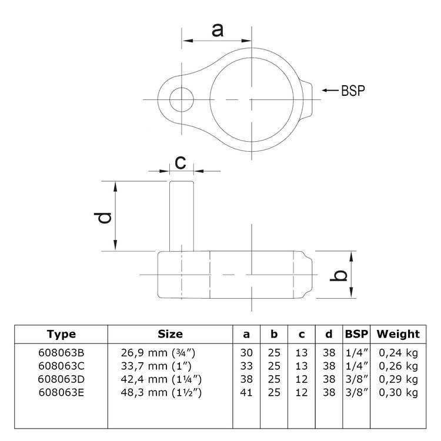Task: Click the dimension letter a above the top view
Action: point(218,29)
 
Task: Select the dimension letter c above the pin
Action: point(181,162)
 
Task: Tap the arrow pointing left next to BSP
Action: point(329,90)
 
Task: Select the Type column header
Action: point(61,334)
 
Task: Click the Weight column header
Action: point(398,334)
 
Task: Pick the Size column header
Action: point(170,334)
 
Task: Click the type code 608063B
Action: point(61,353)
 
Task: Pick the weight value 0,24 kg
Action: point(399,353)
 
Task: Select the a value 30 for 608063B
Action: point(246,353)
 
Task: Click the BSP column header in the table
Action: point(356,334)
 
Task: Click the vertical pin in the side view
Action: point(182,215)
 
